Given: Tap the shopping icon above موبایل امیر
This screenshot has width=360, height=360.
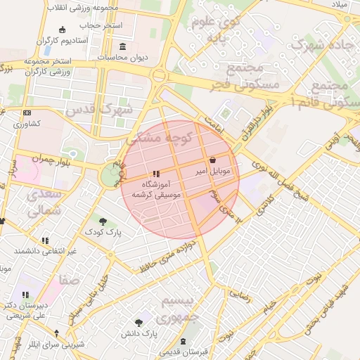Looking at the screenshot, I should [x=213, y=161].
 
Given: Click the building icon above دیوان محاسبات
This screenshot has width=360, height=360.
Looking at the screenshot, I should [x=123, y=47].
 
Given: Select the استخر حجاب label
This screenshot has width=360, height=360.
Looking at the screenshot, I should [x=101, y=25].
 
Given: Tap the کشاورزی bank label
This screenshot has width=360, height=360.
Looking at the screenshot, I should [x=27, y=124].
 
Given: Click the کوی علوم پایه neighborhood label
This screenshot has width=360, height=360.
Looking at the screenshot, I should [x=214, y=30].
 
